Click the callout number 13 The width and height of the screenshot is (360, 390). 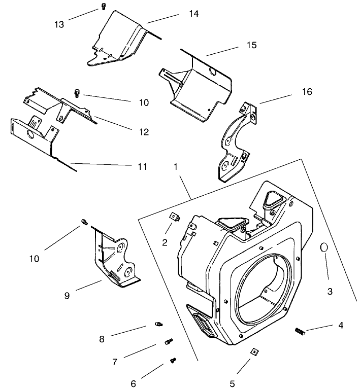(x=59, y=24)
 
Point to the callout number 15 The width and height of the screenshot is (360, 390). (x=251, y=45)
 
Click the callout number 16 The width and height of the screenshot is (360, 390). (x=306, y=92)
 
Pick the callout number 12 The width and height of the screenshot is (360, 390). (x=143, y=132)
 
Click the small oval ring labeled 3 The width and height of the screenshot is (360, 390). (x=323, y=247)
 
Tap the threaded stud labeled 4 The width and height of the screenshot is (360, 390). (x=300, y=332)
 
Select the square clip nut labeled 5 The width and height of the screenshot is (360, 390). (x=252, y=352)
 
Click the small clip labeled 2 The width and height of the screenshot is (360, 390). (x=174, y=217)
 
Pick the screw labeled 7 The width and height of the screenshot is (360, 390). (x=169, y=342)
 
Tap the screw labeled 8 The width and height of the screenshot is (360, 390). (x=158, y=324)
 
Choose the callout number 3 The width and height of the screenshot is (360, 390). (x=330, y=291)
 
